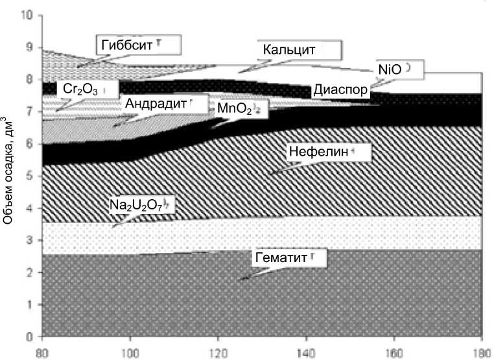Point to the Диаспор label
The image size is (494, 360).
coord(341,90)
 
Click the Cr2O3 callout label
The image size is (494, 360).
coord(82,90)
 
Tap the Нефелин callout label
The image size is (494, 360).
coord(318,152)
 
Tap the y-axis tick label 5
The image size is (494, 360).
coord(30,176)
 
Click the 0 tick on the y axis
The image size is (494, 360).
coord(30,337)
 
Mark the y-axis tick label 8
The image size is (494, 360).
coord(30,80)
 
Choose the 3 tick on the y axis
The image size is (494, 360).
coord(30,241)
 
